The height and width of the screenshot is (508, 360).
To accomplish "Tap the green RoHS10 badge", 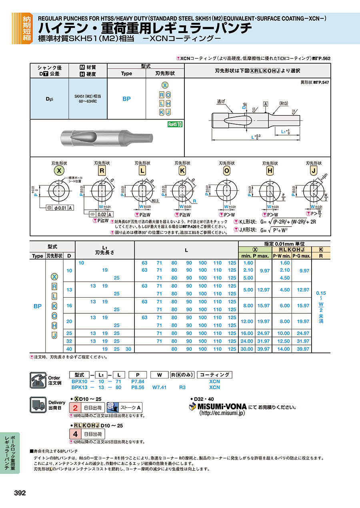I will coord(175,124).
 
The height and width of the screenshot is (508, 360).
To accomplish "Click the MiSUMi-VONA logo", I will coord(218,407).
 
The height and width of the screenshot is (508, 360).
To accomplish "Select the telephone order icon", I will coord(38,379).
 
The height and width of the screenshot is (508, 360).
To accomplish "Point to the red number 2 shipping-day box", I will coord(75,408).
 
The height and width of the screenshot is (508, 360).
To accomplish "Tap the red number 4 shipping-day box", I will coord(75,434).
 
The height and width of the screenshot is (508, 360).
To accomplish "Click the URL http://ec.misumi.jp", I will coord(222,414).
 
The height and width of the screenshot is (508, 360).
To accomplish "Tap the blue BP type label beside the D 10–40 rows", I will coord(37,306).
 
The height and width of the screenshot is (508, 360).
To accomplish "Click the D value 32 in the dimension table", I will coord(69,341).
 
